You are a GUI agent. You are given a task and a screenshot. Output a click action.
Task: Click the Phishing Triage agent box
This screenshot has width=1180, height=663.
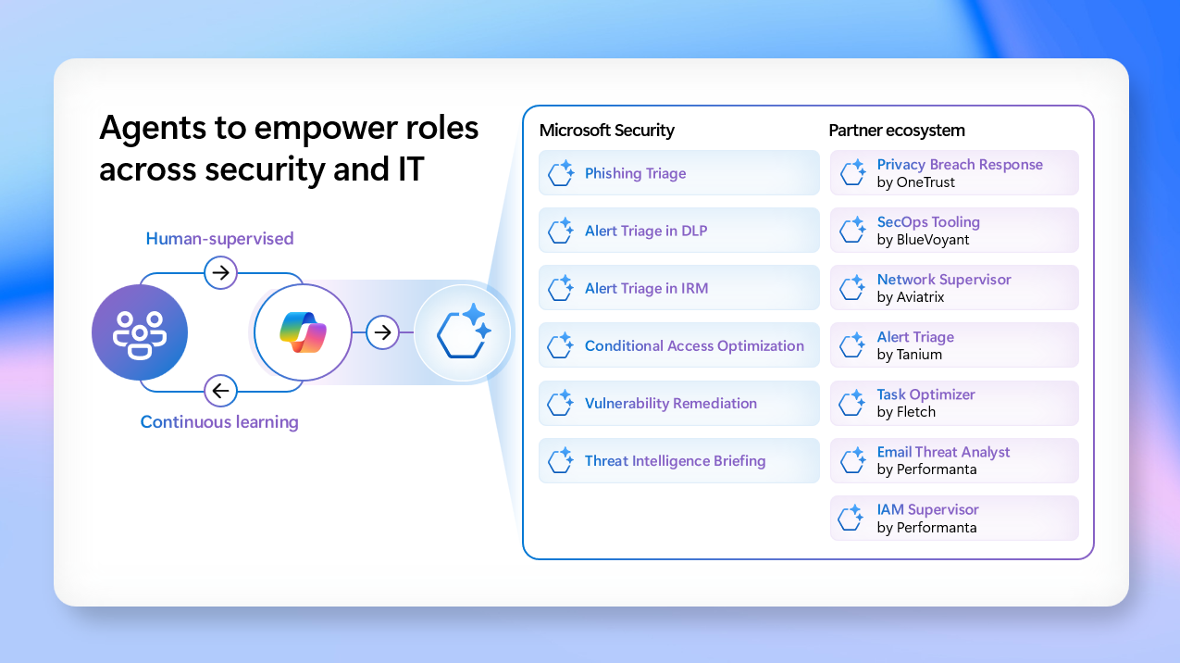[679, 173]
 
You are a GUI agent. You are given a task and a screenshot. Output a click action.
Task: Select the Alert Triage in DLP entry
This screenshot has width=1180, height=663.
[679, 231]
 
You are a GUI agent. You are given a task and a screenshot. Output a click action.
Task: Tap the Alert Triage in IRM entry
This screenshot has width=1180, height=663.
[679, 288]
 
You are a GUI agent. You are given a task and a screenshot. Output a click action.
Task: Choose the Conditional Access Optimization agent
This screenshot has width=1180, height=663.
[679, 345]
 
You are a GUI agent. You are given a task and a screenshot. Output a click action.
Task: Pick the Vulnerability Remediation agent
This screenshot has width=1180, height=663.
[679, 403]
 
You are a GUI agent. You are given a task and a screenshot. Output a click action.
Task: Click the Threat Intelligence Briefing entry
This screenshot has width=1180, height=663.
[679, 460]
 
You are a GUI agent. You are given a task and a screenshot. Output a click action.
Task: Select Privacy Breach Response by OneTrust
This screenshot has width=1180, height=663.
[954, 173]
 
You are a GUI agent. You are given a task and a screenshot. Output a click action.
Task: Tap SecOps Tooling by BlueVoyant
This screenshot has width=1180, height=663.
[954, 231]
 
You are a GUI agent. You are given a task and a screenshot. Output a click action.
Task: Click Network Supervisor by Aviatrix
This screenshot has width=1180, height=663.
[954, 288]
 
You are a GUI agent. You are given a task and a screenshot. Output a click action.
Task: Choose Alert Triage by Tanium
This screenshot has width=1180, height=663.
[954, 345]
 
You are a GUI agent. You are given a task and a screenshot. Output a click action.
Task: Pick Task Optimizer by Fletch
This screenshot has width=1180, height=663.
[954, 403]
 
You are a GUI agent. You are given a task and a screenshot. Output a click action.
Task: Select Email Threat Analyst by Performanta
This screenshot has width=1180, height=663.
[954, 460]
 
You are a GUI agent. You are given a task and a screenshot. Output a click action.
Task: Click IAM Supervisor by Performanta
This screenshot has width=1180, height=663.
[954, 518]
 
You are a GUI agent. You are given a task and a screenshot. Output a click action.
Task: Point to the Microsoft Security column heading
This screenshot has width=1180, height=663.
[607, 131]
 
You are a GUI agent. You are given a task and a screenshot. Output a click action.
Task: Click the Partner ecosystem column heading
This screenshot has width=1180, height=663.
[897, 131]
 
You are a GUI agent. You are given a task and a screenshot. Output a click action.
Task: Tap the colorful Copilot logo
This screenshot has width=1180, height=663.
[303, 332]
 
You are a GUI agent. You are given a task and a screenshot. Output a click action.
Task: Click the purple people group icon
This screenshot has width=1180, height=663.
[140, 332]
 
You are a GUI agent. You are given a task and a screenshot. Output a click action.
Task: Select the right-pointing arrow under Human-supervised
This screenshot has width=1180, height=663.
[220, 272]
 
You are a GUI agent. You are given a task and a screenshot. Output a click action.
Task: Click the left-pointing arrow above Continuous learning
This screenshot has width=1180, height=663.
[220, 391]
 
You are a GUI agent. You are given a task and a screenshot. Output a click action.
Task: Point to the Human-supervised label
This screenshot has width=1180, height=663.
[219, 239]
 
